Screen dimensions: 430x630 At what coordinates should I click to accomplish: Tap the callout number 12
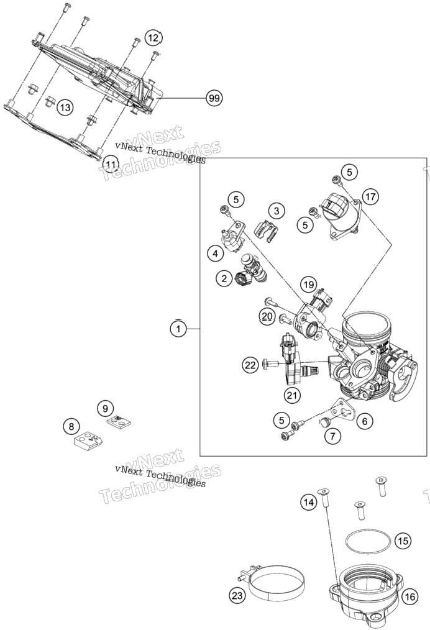pyautogui.click(x=153, y=37)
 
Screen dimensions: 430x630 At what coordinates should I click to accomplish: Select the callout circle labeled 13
pyautogui.click(x=65, y=107)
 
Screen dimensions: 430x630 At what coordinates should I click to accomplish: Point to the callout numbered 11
pyautogui.click(x=111, y=164)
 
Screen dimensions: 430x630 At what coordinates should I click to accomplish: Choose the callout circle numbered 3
pyautogui.click(x=277, y=211)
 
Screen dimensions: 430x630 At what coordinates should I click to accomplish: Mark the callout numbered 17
pyautogui.click(x=370, y=196)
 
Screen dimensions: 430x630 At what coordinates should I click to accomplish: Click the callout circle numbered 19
pyautogui.click(x=308, y=285)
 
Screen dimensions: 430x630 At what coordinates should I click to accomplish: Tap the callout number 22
pyautogui.click(x=250, y=365)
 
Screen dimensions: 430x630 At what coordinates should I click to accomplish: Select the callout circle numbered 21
pyautogui.click(x=292, y=396)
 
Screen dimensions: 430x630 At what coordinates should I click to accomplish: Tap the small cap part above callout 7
pyautogui.click(x=324, y=421)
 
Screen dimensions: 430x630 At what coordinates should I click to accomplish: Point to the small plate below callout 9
pyautogui.click(x=120, y=421)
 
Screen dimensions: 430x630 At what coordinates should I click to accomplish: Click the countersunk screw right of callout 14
pyautogui.click(x=359, y=510)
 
